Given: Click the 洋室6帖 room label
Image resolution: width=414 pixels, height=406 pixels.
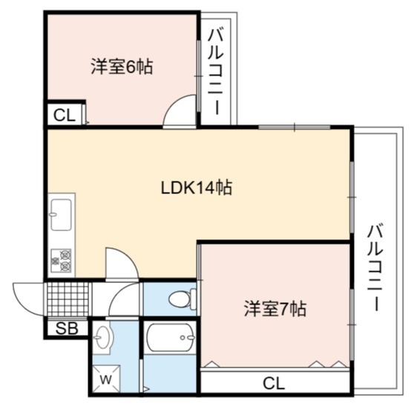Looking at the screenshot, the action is point(122,67).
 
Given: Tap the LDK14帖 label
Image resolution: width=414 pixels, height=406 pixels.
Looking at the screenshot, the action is point(197,187).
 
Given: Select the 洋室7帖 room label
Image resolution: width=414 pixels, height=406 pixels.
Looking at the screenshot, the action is point(275,309).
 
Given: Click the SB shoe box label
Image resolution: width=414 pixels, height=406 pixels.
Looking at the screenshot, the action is point(67,328).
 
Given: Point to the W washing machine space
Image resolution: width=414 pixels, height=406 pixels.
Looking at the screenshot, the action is point(106,379).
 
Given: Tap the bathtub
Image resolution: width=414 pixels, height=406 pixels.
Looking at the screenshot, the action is point(171,338).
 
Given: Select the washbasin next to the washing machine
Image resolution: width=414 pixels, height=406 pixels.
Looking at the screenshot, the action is point(103,338).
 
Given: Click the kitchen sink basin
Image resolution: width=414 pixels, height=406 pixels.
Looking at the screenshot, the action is point(61,215).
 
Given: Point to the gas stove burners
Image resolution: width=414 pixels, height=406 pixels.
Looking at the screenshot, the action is point(62,261).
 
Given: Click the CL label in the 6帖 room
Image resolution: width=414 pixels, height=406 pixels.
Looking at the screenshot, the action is point(65,116).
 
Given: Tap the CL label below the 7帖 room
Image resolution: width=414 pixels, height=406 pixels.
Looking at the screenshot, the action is point(274,384).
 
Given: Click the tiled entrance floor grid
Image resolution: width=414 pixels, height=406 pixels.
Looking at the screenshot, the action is point(68,299).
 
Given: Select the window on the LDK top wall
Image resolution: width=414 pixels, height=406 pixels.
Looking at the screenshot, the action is point(295,127).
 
